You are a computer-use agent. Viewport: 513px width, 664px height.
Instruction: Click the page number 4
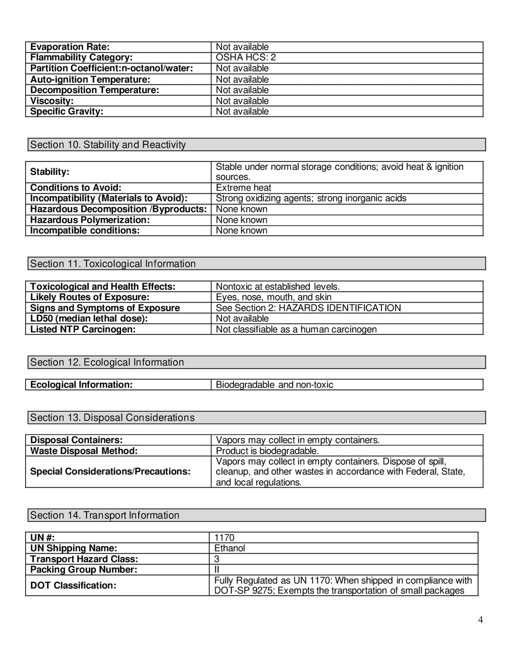pyautogui.click(x=480, y=619)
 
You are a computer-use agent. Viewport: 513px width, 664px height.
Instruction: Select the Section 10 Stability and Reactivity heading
pyautogui.click(x=108, y=145)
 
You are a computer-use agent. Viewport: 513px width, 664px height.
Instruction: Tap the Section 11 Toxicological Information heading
pyautogui.click(x=113, y=264)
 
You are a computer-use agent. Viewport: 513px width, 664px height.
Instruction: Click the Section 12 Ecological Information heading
pyautogui.click(x=107, y=362)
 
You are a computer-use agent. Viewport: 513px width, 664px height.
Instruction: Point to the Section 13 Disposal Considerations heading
pyautogui.click(x=113, y=417)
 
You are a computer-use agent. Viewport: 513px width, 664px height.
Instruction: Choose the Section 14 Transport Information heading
pyautogui.click(x=105, y=515)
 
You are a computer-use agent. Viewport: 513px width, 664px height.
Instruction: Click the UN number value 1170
pyautogui.click(x=224, y=538)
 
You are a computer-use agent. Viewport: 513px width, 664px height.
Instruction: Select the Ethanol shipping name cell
pyautogui.click(x=229, y=548)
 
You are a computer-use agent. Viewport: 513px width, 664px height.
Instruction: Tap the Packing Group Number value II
pyautogui.click(x=217, y=569)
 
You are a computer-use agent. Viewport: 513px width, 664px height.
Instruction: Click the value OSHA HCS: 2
pyautogui.click(x=246, y=57)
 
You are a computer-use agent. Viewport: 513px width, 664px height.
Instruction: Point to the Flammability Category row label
pyautogui.click(x=81, y=57)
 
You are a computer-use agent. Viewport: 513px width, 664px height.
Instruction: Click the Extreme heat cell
pyautogui.click(x=243, y=188)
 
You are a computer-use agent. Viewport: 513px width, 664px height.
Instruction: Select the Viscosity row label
pyautogui.click(x=52, y=101)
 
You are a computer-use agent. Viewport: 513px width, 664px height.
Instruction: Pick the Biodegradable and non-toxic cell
pyautogui.click(x=275, y=385)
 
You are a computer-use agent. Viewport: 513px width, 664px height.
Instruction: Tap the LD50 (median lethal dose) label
pyautogui.click(x=89, y=319)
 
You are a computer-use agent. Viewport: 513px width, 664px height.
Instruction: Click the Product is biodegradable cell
pyautogui.click(x=267, y=451)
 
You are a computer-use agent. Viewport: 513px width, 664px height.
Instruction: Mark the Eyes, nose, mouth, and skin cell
pyautogui.click(x=274, y=297)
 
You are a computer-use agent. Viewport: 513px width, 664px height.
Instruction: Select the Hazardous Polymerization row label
pyautogui.click(x=90, y=220)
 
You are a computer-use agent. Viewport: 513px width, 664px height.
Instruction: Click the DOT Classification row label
pyautogui.click(x=73, y=586)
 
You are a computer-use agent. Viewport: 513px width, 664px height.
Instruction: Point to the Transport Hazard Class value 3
pyautogui.click(x=217, y=559)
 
